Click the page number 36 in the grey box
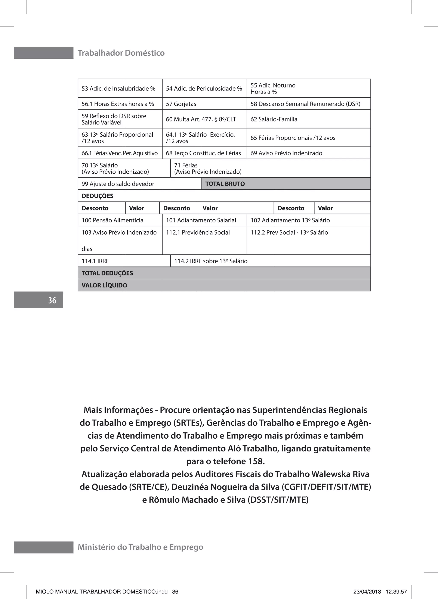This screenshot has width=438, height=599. pyautogui.click(x=52, y=300)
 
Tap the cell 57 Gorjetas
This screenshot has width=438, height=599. pyautogui.click(x=181, y=104)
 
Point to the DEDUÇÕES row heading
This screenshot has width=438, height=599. pyautogui.click(x=97, y=196)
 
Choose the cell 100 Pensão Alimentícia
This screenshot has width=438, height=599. pyautogui.click(x=112, y=220)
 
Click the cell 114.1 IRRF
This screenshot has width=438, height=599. pyautogui.click(x=95, y=261)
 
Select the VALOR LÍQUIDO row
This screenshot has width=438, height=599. pyautogui.click(x=104, y=285)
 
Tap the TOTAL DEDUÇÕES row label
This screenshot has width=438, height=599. pyautogui.click(x=107, y=273)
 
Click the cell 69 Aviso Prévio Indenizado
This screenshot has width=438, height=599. pyautogui.click(x=286, y=153)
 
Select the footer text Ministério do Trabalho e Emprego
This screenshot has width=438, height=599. pyautogui.click(x=140, y=547)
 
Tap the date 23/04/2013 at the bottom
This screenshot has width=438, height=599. pyautogui.click(x=367, y=592)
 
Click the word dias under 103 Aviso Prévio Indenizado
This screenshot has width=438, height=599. pyautogui.click(x=87, y=249)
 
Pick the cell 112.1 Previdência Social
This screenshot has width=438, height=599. pyautogui.click(x=198, y=232)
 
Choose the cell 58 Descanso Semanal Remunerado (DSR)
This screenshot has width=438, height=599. pyautogui.click(x=305, y=104)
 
